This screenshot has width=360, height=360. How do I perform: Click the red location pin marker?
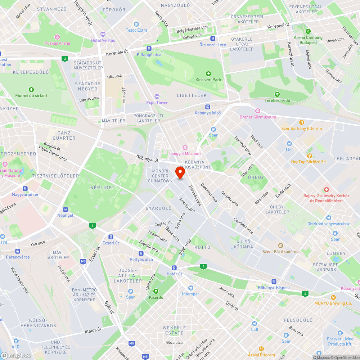pos(180,172)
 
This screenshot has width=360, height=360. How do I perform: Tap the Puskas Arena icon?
pos(57,37)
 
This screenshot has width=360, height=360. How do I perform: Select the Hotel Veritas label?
pos(103,40)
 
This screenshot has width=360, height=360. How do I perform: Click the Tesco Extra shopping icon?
pos(136,24)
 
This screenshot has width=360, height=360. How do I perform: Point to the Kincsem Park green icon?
pos(208,73)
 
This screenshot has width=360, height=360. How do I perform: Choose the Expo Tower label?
pos(157,103)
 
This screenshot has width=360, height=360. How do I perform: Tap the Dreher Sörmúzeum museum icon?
pos(257,111)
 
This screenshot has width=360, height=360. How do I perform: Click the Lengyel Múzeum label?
pos(185,154)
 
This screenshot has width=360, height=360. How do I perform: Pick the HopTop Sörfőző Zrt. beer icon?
pos(309,156)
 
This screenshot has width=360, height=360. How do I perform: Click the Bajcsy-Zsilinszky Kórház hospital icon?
pos(326,189)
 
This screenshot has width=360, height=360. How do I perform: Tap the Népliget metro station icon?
pos(65,209)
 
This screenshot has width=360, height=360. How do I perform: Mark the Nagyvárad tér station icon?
pos(25,188)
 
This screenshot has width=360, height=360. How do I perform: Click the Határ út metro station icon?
pos(174,268)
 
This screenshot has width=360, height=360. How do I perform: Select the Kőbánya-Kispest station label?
pos(274,287)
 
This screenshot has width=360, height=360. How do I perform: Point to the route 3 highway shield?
pos(64,59)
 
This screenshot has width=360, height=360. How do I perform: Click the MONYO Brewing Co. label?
pos(333,303)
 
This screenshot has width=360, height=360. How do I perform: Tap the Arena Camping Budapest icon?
pos(307,31)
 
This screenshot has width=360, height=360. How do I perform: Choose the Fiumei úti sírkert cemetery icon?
pos(31,89)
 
